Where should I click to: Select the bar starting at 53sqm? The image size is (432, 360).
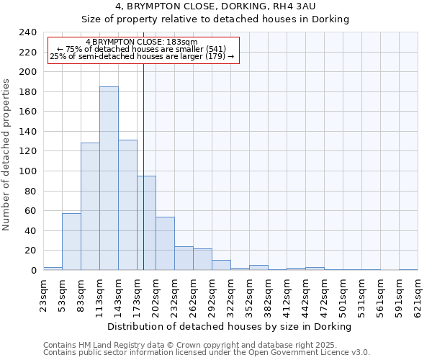(x=71, y=242)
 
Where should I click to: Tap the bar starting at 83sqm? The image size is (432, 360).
(x=90, y=207)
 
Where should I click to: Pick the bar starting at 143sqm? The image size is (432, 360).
(x=127, y=205)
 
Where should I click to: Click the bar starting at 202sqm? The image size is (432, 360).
(x=165, y=243)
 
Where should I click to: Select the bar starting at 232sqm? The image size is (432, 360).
(x=184, y=258)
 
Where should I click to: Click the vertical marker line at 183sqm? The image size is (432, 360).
(x=143, y=144)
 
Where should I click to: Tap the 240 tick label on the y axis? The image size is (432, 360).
(x=27, y=32)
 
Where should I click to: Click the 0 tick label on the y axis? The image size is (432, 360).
(x=33, y=271)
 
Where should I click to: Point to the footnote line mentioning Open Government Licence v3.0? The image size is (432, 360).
(x=207, y=353)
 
